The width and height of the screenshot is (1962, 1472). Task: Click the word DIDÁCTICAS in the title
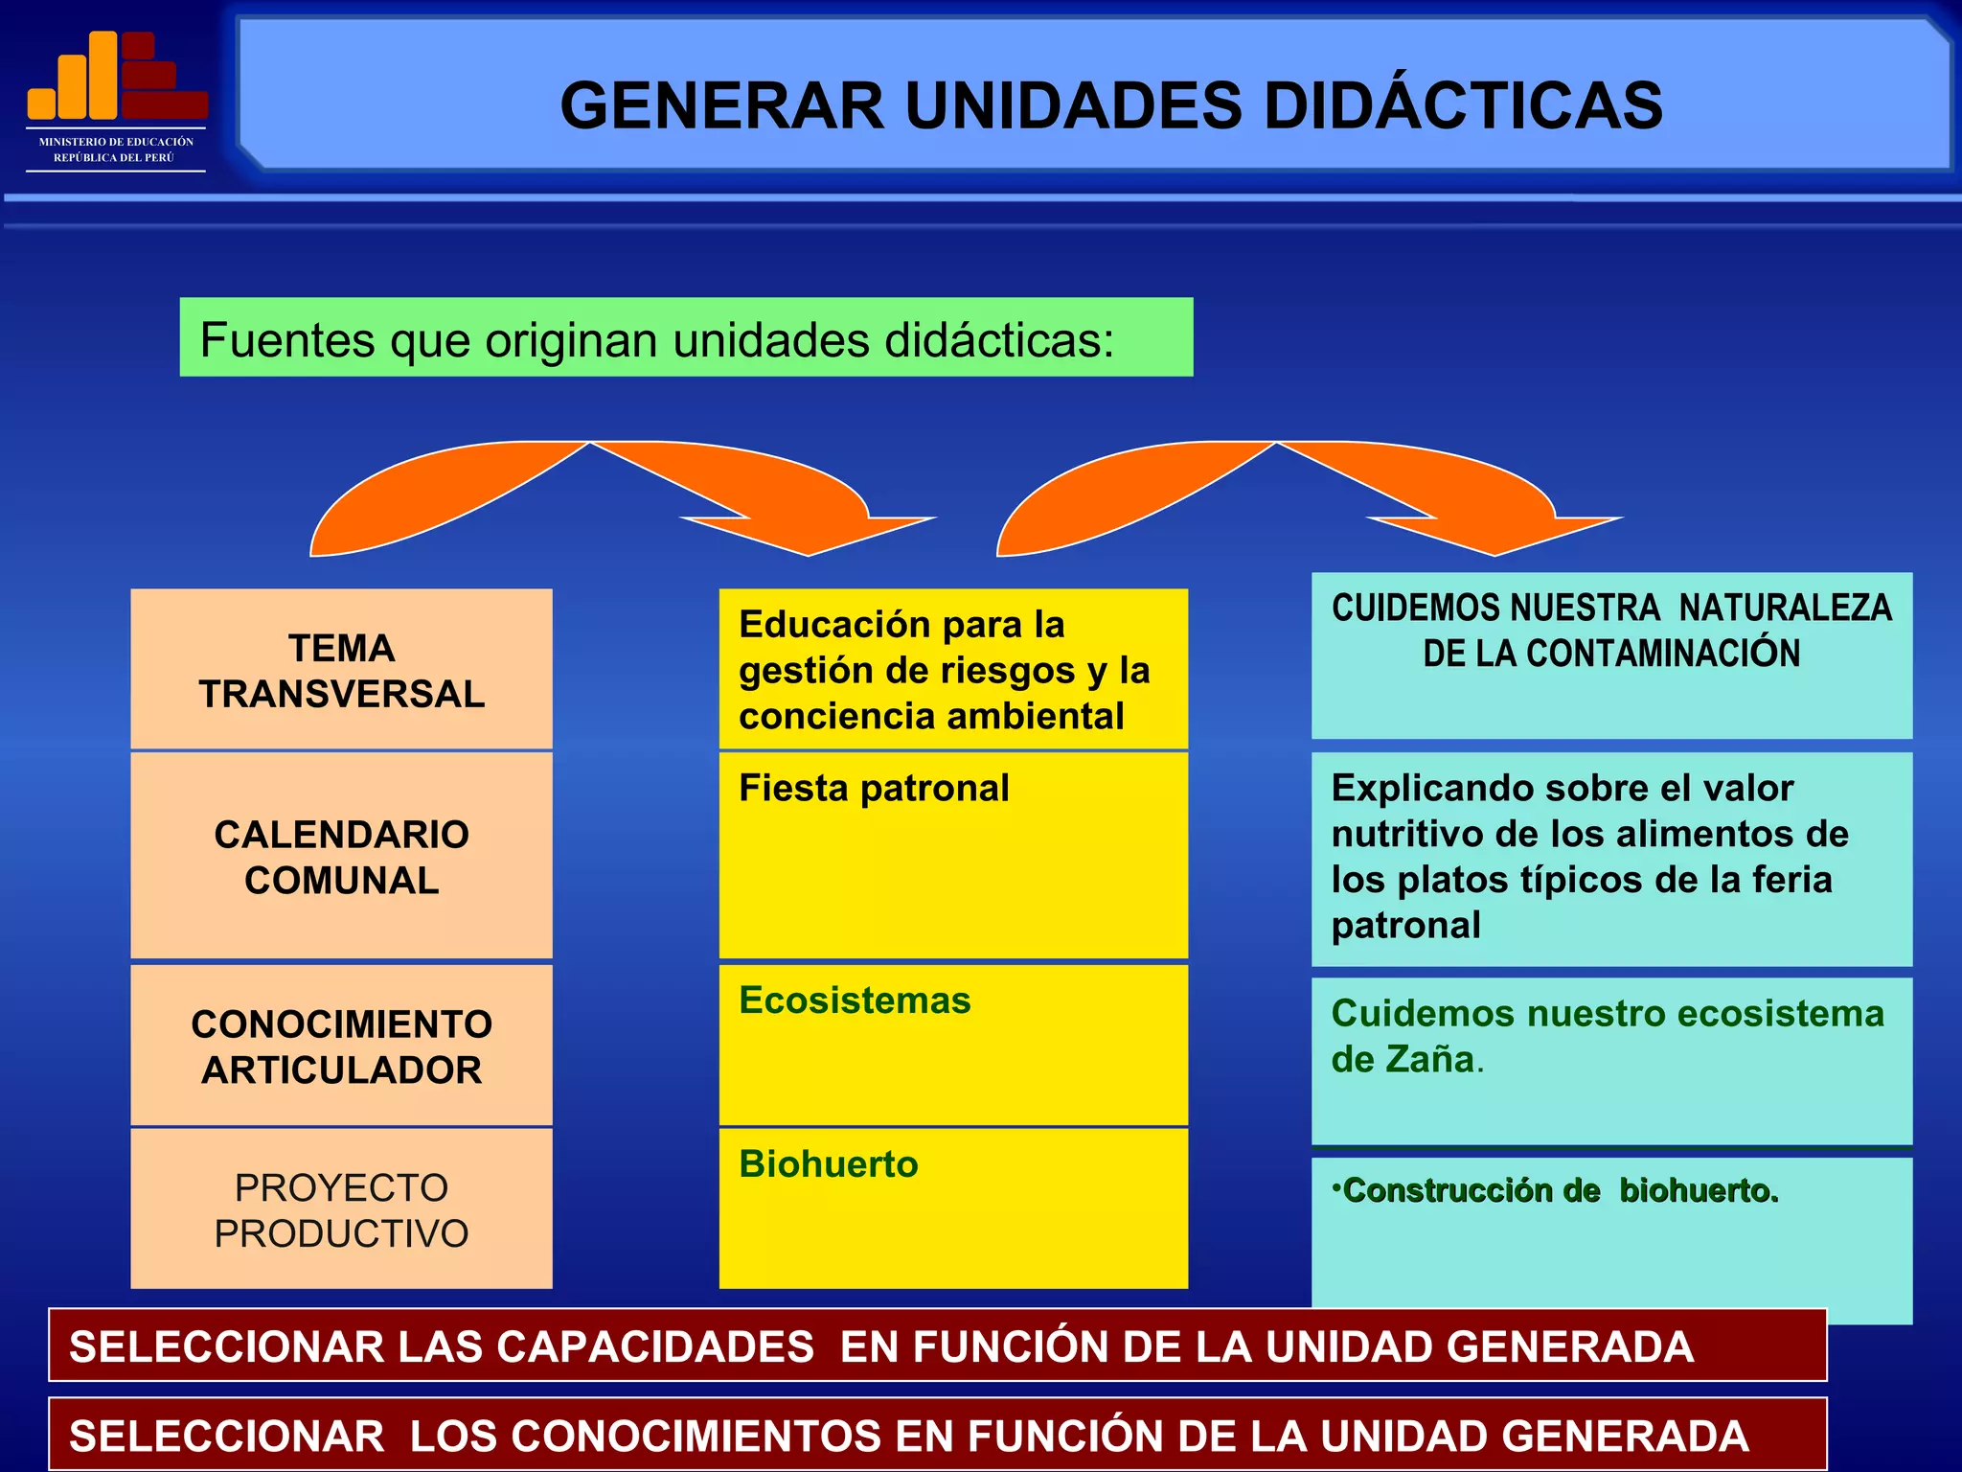tap(1463, 105)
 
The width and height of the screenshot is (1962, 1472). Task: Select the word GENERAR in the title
tap(721, 105)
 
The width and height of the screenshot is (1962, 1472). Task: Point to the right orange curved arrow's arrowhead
tap(1495, 533)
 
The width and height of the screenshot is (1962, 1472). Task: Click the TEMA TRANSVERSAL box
tap(341, 670)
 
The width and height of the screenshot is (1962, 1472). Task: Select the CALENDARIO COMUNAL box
tap(341, 857)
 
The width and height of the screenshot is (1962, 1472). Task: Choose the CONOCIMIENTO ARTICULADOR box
tap(341, 1046)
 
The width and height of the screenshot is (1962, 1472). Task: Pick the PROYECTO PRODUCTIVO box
tap(341, 1209)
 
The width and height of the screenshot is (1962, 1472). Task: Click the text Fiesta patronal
tap(874, 789)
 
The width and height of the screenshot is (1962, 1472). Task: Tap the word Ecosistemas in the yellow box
tap(855, 1000)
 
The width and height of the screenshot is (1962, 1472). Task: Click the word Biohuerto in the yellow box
tap(829, 1164)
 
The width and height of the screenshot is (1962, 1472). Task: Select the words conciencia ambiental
tap(931, 717)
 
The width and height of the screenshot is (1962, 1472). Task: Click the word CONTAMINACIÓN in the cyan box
tap(1663, 654)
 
